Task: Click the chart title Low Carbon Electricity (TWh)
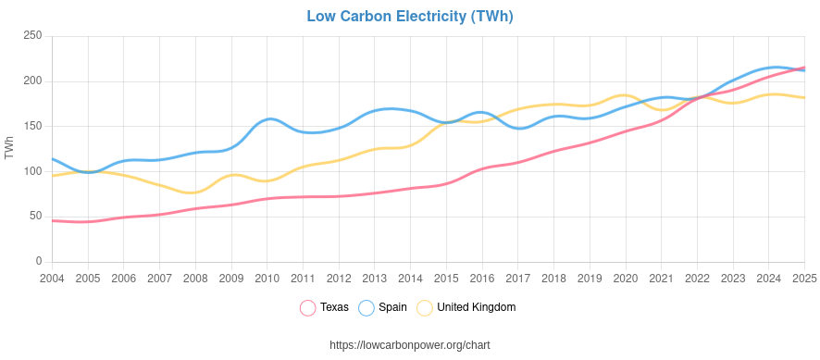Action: click(x=409, y=17)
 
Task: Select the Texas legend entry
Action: click(x=334, y=307)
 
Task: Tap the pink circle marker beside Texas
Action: click(x=308, y=307)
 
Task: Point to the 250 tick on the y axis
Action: click(x=32, y=36)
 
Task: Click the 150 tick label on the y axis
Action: click(x=32, y=126)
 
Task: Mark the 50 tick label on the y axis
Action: click(x=35, y=217)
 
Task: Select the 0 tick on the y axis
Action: click(x=39, y=261)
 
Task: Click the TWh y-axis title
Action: click(x=10, y=148)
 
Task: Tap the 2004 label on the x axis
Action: click(x=52, y=278)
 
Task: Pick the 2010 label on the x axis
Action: click(x=267, y=278)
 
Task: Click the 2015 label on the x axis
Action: click(x=446, y=278)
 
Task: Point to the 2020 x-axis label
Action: click(x=626, y=278)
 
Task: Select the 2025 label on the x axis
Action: click(x=803, y=278)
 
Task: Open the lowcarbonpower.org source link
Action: click(x=409, y=345)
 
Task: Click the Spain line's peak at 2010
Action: click(x=268, y=118)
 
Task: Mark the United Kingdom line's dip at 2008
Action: click(x=193, y=192)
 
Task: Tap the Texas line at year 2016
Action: click(x=482, y=169)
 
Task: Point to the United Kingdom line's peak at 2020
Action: click(x=625, y=95)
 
